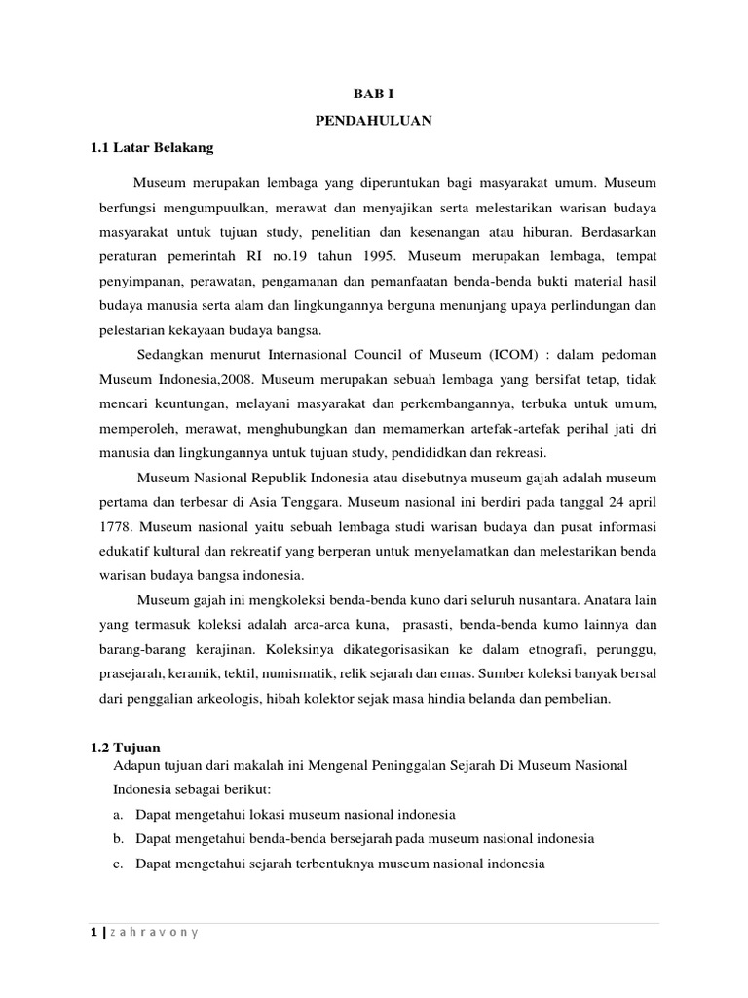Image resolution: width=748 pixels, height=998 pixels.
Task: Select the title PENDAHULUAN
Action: click(374, 122)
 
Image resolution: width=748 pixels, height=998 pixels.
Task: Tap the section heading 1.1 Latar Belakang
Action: click(151, 148)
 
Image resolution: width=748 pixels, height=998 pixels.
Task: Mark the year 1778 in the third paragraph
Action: click(116, 527)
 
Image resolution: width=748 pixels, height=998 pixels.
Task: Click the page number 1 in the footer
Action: click(94, 933)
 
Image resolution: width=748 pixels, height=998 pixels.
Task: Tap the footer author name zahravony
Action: click(156, 933)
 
